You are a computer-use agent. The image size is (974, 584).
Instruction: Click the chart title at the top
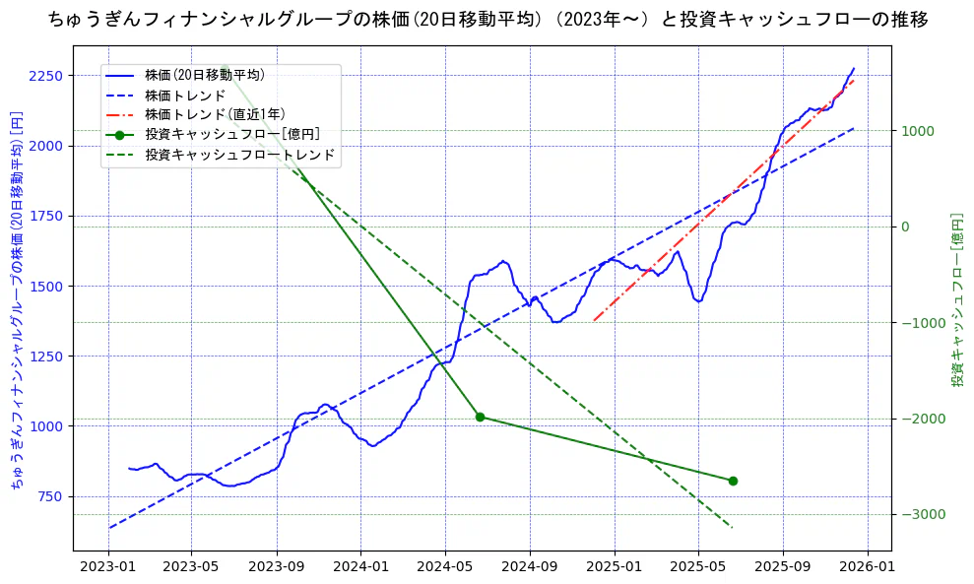(x=487, y=19)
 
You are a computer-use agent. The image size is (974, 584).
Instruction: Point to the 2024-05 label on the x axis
(x=445, y=567)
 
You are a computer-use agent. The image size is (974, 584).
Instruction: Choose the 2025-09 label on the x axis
(x=783, y=567)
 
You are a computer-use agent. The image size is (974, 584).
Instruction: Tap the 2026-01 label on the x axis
(x=868, y=567)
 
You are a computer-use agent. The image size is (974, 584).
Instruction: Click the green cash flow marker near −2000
(x=480, y=417)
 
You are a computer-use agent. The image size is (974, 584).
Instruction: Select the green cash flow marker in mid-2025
(x=733, y=481)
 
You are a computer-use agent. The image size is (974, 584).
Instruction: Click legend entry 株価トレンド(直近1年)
(x=215, y=114)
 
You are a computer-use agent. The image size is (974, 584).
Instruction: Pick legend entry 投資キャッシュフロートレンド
(x=239, y=155)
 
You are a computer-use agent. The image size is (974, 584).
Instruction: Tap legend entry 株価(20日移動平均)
(x=204, y=75)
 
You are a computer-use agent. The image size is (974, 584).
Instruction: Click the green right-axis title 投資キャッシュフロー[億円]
(x=956, y=299)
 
